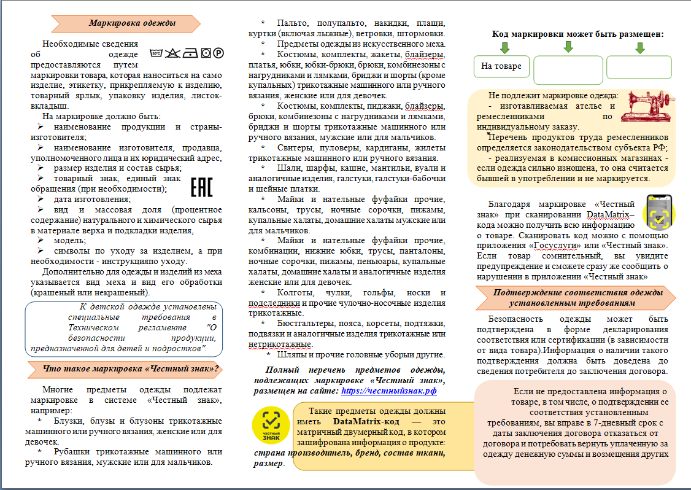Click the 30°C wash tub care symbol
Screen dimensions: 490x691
click(x=156, y=53)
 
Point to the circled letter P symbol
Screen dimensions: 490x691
click(x=218, y=53)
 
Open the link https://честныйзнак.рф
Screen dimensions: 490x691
click(x=388, y=390)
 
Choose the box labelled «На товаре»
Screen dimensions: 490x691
click(x=501, y=66)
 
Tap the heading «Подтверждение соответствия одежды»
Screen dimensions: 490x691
click(x=577, y=293)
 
